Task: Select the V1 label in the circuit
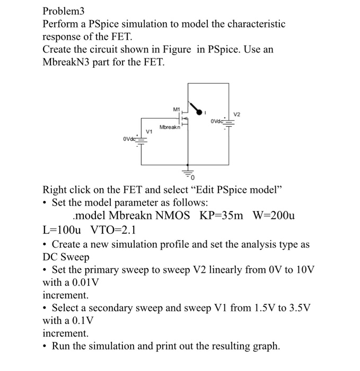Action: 149,131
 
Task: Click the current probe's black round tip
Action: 200,112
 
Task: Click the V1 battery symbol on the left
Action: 141,141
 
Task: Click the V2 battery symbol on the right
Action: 229,122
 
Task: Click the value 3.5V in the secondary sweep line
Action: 298,308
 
